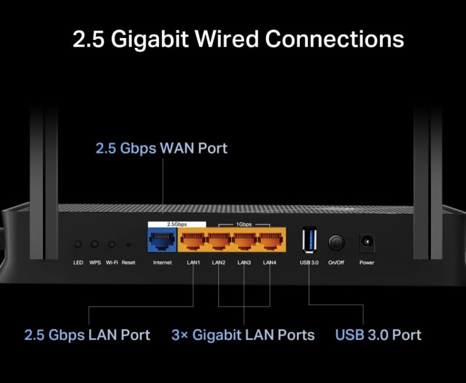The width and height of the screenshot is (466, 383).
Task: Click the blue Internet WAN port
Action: coord(162,241)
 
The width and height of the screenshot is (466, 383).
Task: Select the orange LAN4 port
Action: coord(270,241)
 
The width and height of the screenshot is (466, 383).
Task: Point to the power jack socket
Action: coord(367,242)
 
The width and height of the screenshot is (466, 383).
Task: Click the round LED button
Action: coord(78,244)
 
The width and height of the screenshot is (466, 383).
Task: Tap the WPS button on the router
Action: coord(94,244)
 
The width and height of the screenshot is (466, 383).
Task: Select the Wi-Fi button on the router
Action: coord(111,244)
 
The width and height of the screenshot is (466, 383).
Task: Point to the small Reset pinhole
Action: coord(128,244)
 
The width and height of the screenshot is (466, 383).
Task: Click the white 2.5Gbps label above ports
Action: coord(177,224)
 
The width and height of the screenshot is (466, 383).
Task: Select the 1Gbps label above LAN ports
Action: coord(244,224)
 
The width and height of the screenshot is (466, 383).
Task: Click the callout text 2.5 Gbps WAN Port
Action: coord(161,148)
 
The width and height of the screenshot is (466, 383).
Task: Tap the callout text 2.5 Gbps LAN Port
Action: coord(87,335)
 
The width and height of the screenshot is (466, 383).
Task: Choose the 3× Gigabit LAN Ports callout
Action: coord(243,335)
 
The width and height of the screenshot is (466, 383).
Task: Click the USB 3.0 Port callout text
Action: coord(378,335)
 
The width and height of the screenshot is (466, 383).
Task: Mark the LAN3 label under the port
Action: coord(244,263)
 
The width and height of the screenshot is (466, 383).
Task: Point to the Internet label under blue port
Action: coord(162,263)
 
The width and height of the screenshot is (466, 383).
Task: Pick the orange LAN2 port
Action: coord(219,241)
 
